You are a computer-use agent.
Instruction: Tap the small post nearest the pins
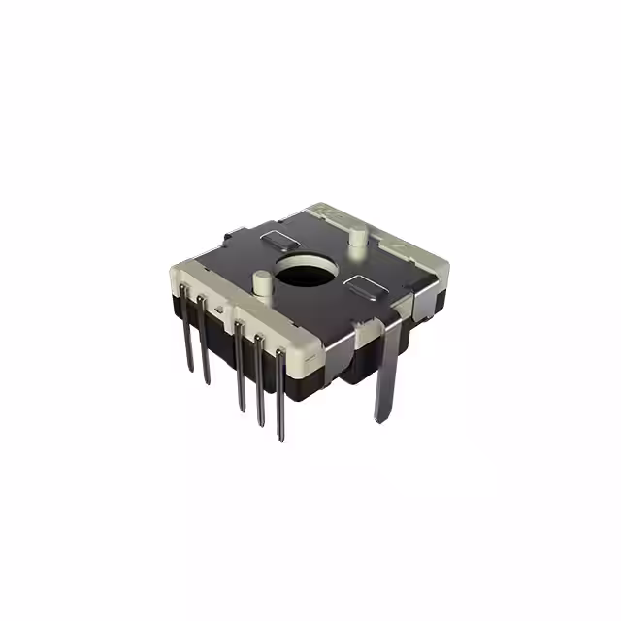click(x=260, y=282)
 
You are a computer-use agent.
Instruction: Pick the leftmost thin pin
click(x=188, y=344)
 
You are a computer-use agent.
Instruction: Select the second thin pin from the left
click(x=204, y=349)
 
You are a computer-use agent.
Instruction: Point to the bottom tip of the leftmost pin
click(x=190, y=372)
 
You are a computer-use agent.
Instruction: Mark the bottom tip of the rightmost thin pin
click(x=281, y=439)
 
